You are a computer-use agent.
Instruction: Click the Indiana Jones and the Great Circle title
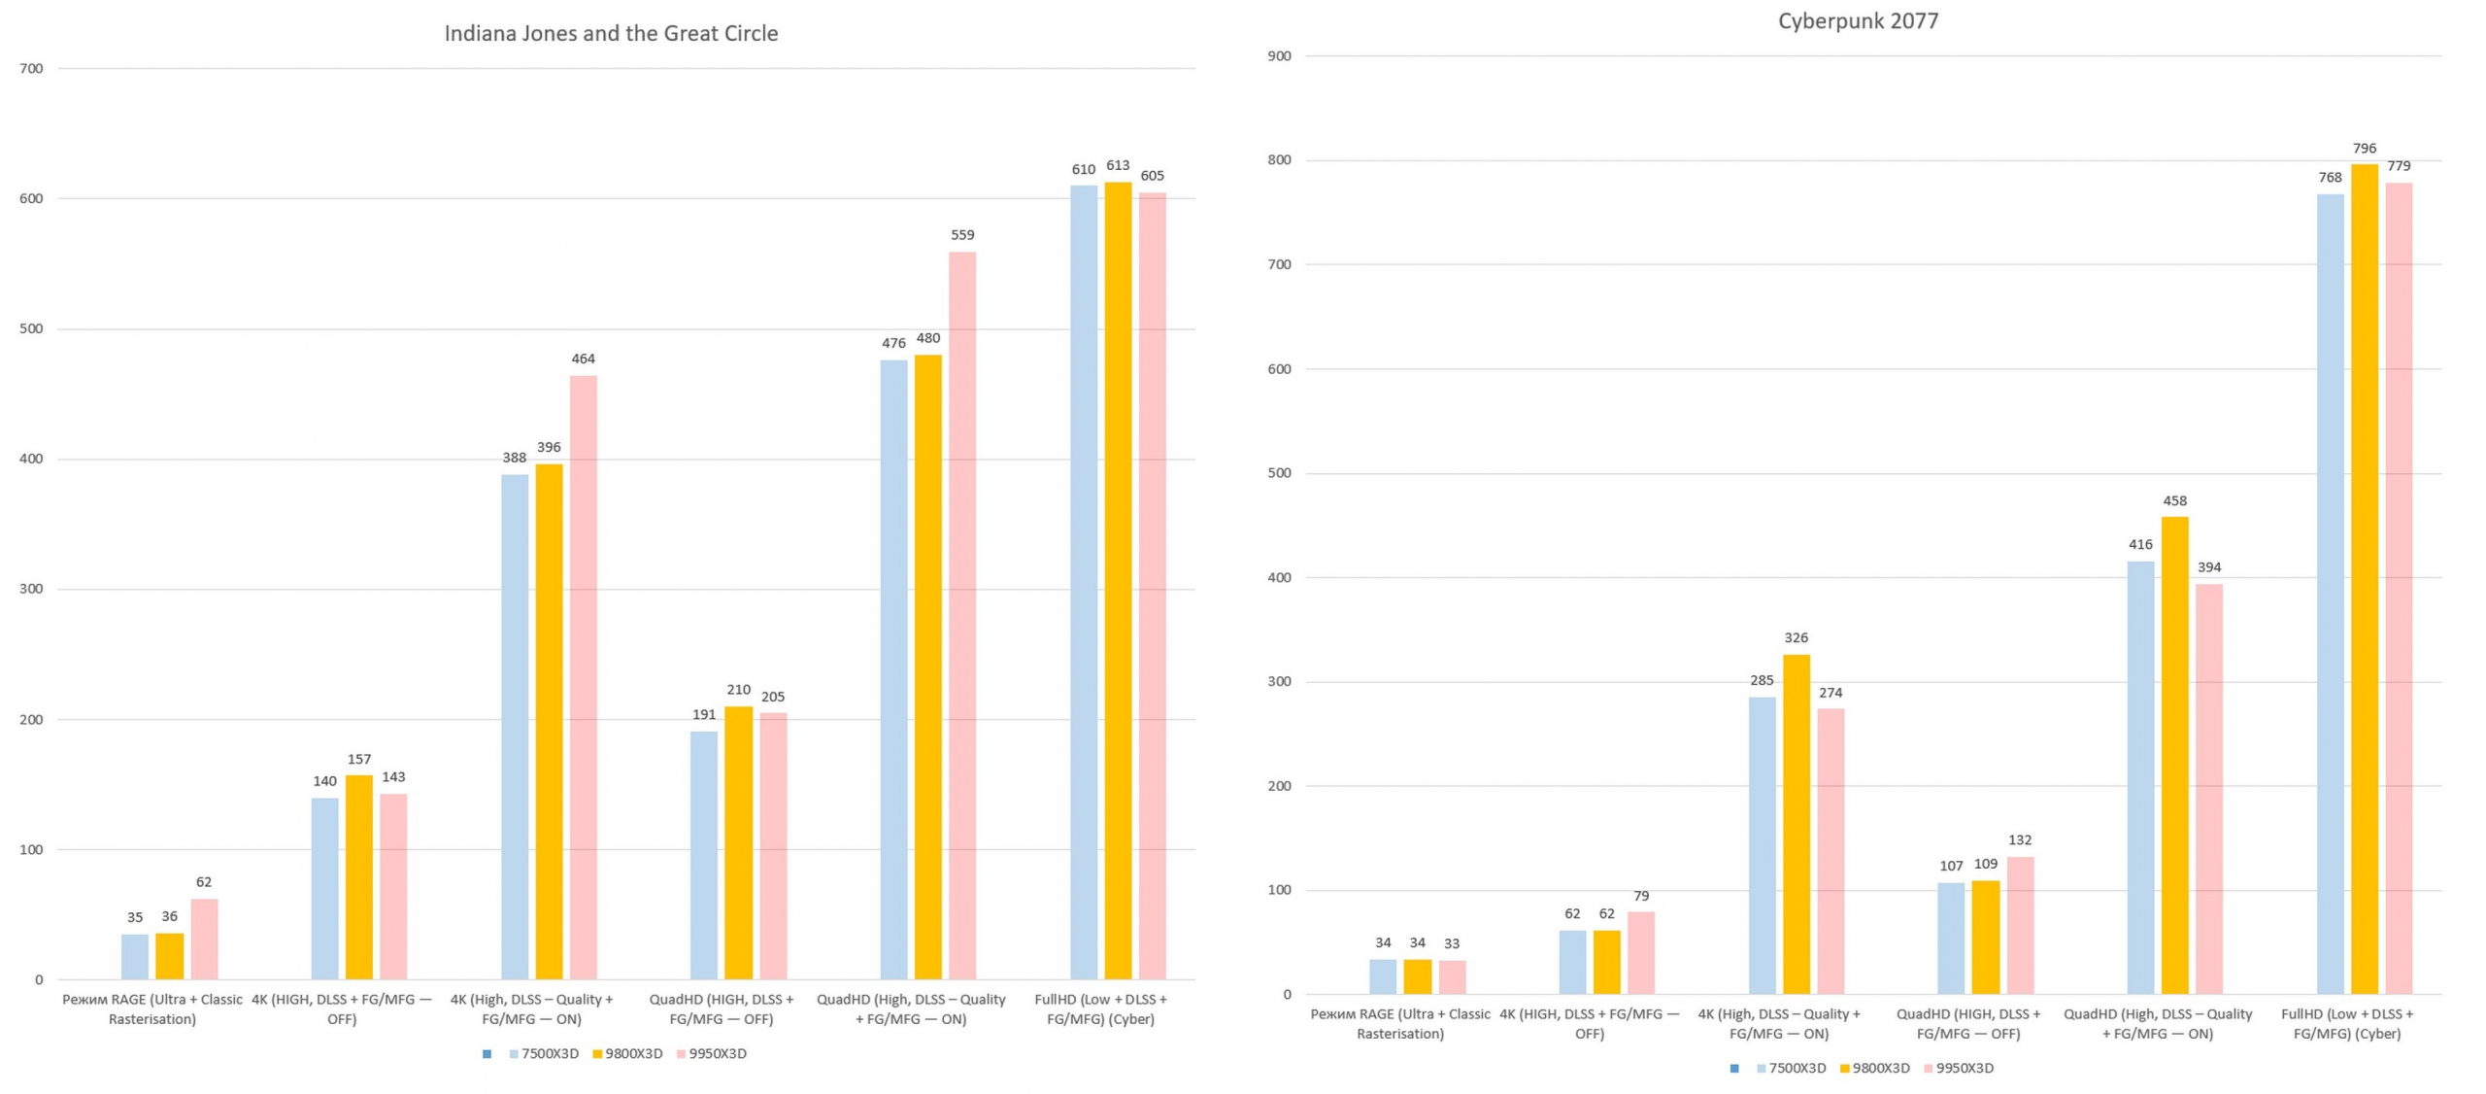point(611,34)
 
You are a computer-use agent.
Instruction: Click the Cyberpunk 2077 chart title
point(1857,21)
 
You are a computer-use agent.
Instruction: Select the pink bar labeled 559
point(961,614)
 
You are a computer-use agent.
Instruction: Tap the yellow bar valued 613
point(1117,580)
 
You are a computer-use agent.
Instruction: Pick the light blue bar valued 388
point(515,726)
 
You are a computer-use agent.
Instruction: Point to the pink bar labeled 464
point(583,676)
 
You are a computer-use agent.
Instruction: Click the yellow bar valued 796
point(2364,578)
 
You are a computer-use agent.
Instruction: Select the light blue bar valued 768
point(2329,593)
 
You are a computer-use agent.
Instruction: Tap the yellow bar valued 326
point(1796,823)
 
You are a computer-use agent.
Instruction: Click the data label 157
point(359,759)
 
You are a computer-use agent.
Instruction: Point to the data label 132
point(2020,839)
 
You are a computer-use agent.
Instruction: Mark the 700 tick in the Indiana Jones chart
point(31,69)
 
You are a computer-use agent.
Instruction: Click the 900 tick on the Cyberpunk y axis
point(1279,56)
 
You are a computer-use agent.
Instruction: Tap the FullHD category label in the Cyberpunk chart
point(2346,1023)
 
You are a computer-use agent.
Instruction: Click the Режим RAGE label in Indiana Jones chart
point(152,1009)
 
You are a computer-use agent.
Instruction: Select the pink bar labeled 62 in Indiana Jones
point(204,939)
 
